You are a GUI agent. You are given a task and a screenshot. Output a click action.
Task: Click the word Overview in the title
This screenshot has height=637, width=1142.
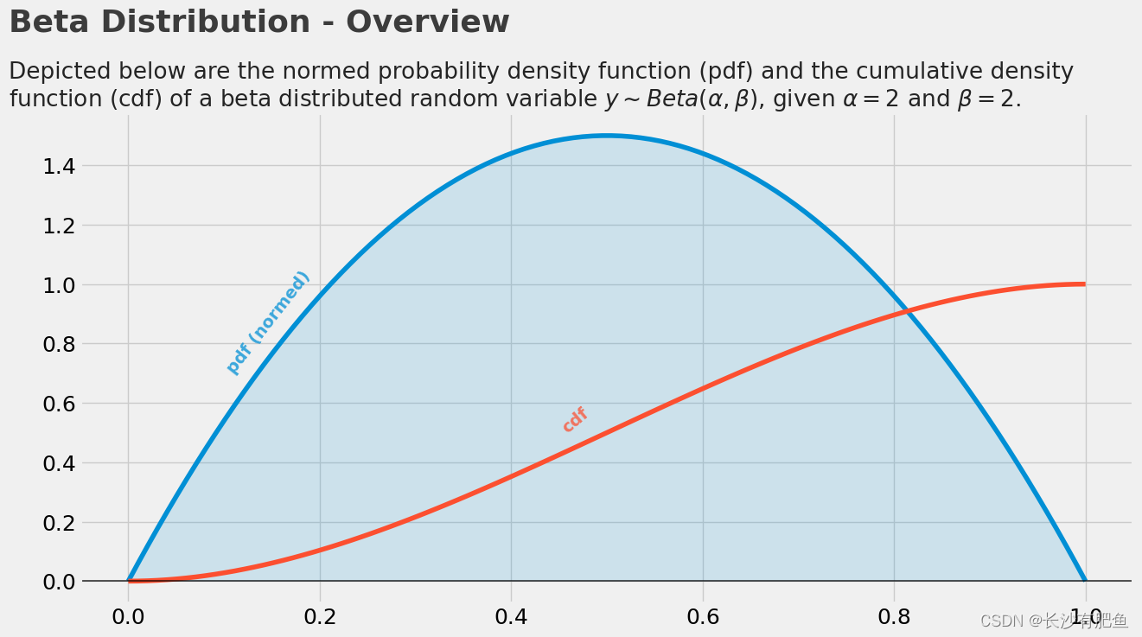(x=427, y=22)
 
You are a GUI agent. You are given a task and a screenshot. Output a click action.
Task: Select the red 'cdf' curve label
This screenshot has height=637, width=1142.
(x=575, y=419)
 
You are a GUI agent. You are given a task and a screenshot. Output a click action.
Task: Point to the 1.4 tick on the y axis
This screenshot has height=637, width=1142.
(x=59, y=166)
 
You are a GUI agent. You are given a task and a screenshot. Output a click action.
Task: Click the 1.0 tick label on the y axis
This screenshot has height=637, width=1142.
(x=59, y=285)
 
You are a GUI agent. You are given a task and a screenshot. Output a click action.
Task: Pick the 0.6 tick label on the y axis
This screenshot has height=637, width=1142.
(x=59, y=404)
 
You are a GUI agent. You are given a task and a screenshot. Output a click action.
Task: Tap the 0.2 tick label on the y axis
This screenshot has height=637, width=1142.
(x=59, y=523)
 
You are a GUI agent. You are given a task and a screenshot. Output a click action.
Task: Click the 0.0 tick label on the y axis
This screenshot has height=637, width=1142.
(x=59, y=582)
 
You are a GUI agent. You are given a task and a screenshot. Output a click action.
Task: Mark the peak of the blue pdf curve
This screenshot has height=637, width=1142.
(x=607, y=136)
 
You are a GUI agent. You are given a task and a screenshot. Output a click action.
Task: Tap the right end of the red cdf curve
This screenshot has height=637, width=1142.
(x=1084, y=284)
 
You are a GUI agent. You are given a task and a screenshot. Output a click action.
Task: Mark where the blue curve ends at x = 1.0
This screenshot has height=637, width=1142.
(x=1085, y=580)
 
